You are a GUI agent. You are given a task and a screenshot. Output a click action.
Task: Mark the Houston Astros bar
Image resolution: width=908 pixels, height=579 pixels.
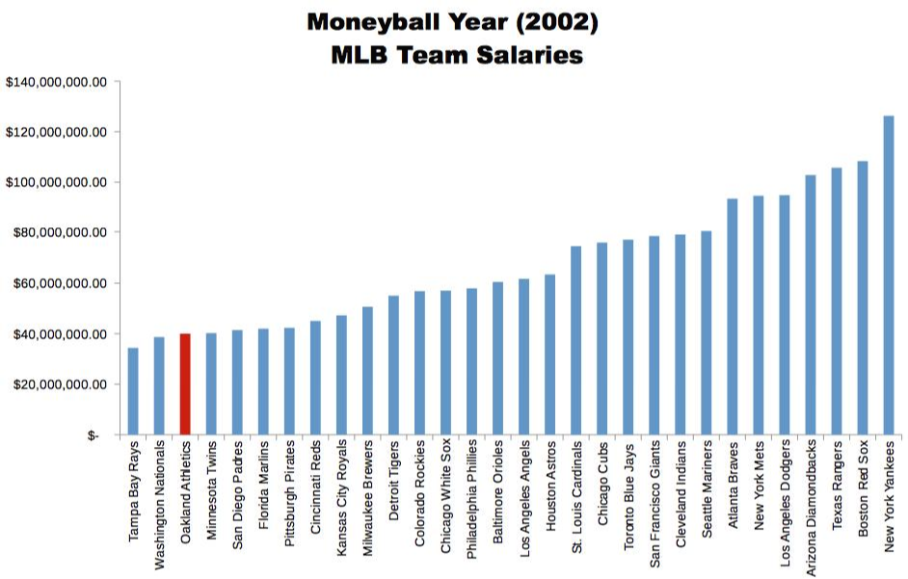(550, 355)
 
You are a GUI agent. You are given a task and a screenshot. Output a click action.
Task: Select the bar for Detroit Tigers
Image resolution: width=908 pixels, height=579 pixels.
(393, 365)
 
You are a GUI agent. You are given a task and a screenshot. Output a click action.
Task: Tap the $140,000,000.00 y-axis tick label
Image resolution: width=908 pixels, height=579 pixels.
(55, 82)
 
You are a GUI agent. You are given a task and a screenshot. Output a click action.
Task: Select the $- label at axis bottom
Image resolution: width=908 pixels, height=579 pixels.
(93, 435)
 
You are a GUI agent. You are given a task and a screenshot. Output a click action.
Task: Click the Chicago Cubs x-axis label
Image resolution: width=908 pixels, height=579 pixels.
(602, 487)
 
